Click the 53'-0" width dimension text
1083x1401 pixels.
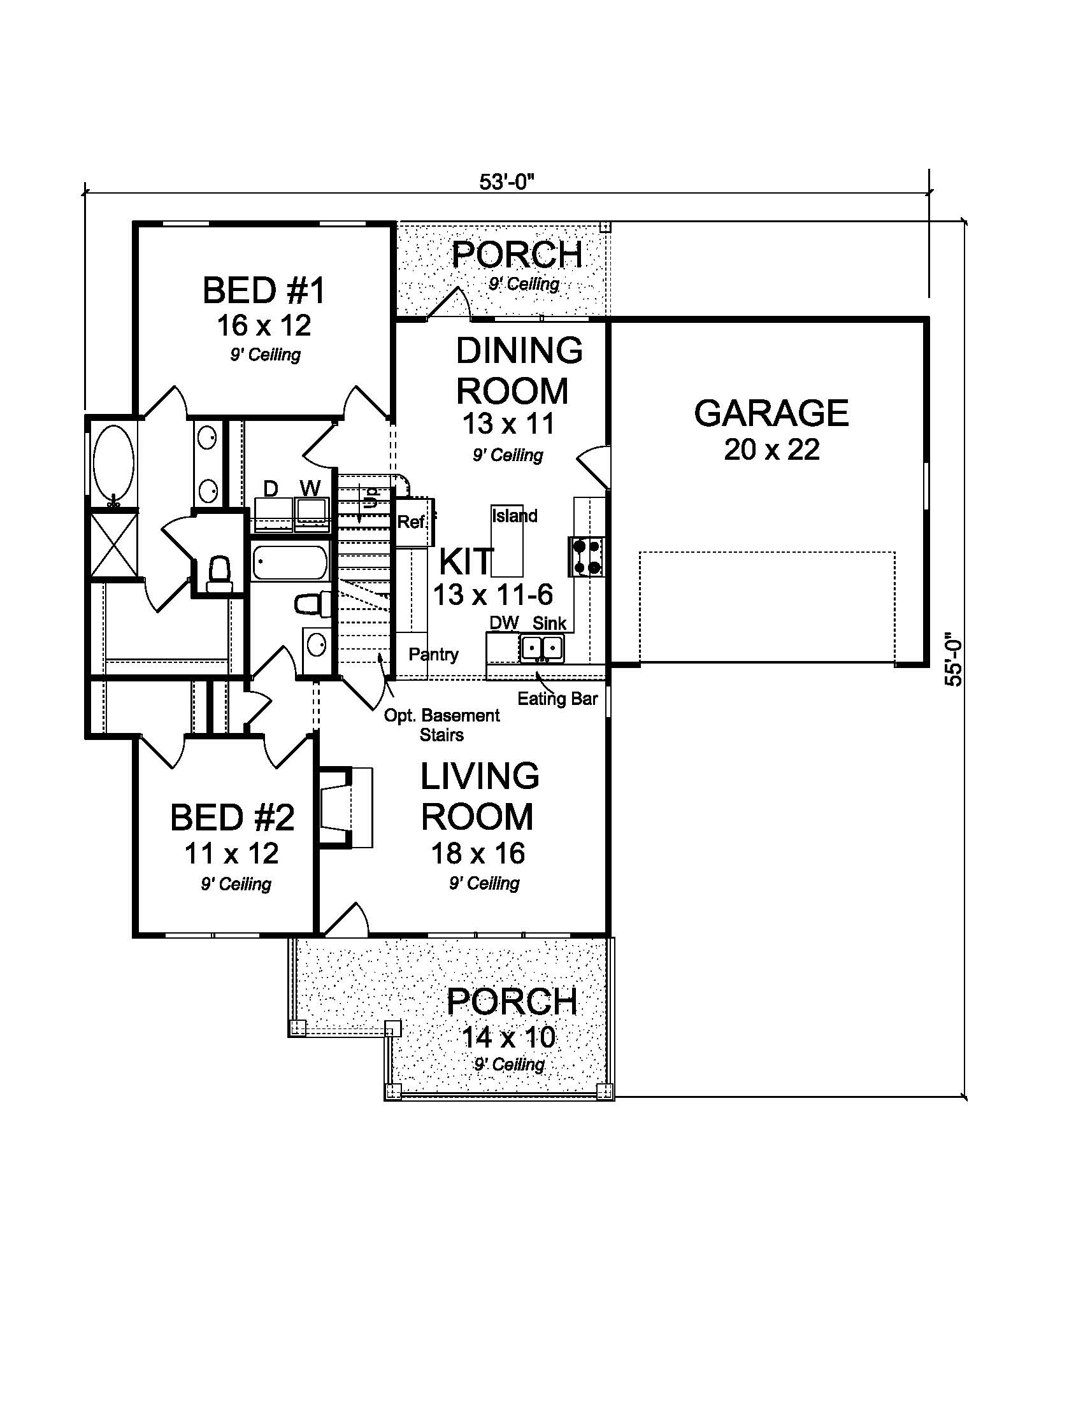click(506, 183)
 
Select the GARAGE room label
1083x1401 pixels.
click(771, 413)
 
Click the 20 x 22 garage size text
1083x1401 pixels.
click(771, 450)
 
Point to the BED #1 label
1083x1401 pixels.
click(264, 290)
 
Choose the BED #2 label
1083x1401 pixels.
click(233, 818)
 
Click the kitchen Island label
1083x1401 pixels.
click(515, 516)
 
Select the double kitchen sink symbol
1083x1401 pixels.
click(541, 647)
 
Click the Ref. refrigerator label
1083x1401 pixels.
click(412, 522)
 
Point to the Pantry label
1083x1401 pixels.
click(434, 654)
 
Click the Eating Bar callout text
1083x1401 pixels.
click(557, 699)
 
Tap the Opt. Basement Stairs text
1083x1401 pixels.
click(441, 724)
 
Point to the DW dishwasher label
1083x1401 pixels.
click(504, 623)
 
